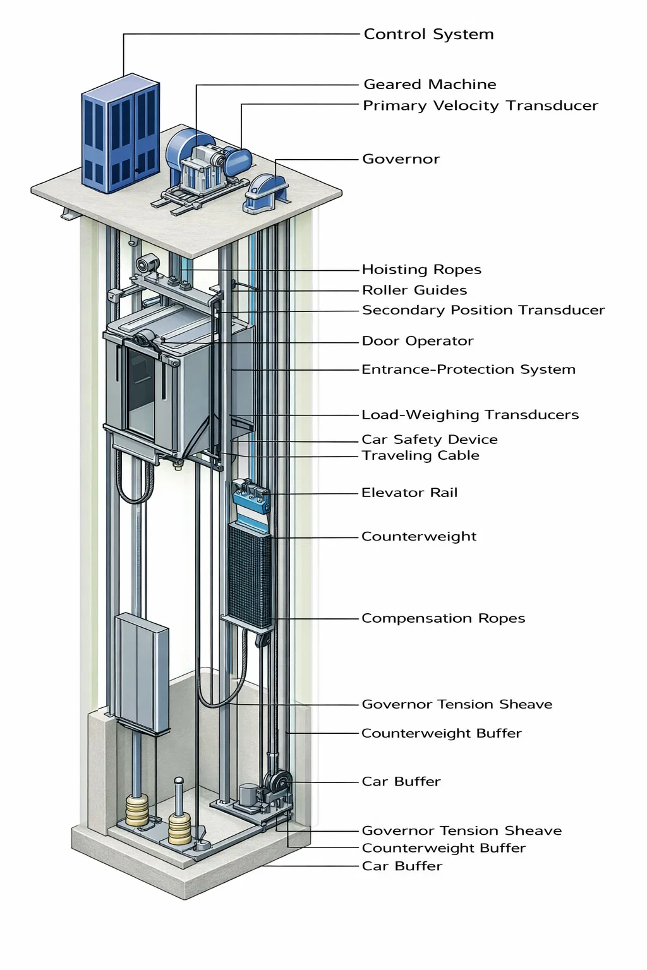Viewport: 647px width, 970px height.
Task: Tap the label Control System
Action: [428, 34]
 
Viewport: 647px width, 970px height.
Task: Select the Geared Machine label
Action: [430, 84]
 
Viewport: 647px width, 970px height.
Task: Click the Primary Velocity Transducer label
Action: [480, 105]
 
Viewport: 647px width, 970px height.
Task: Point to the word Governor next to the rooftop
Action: [401, 159]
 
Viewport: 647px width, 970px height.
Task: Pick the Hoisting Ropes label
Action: [421, 270]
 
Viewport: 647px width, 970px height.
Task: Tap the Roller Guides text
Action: [414, 290]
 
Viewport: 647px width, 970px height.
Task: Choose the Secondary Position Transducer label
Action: [483, 310]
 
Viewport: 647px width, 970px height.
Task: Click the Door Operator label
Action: [417, 341]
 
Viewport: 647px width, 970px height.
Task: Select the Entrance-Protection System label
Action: [468, 369]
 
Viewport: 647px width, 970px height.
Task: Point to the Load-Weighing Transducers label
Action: [469, 415]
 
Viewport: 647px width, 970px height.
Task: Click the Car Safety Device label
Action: [429, 440]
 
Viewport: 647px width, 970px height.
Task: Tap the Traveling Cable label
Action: [420, 455]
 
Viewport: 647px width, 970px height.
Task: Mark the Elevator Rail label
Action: [409, 493]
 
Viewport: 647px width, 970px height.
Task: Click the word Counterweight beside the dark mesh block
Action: [418, 537]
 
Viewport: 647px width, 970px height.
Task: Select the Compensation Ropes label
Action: [443, 618]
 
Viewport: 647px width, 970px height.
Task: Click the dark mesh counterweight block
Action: [250, 575]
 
